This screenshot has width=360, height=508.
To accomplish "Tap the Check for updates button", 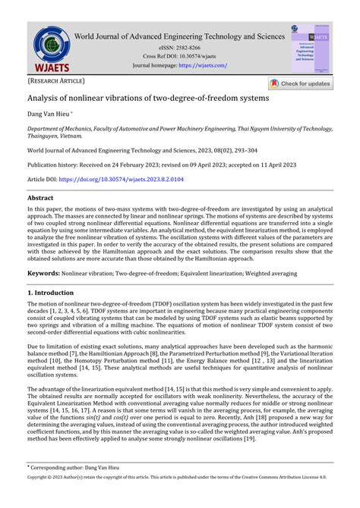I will (x=299, y=84).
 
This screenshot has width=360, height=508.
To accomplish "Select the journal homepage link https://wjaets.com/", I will (x=203, y=65).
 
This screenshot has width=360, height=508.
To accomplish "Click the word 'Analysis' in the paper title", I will (x=47, y=99).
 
